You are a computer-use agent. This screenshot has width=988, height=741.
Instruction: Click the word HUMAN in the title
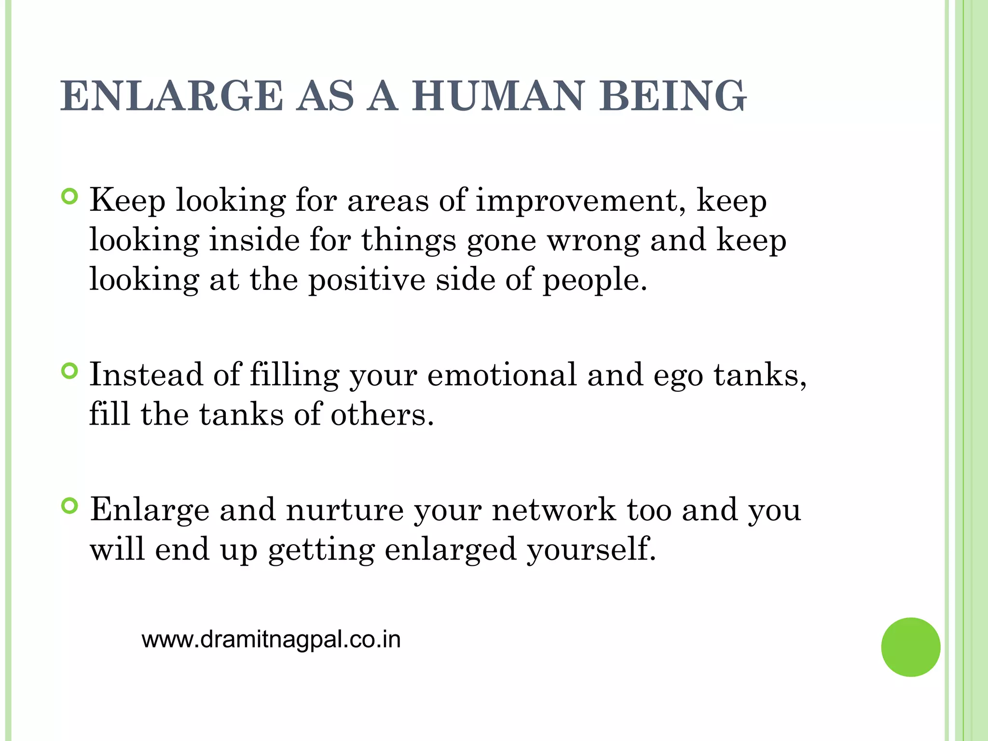click(499, 96)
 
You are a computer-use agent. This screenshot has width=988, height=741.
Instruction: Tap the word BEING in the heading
click(672, 96)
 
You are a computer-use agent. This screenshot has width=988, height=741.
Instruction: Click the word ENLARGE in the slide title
click(172, 96)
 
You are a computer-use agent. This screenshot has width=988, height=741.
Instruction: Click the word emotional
click(502, 374)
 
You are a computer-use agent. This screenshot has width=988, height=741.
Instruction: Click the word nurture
click(345, 510)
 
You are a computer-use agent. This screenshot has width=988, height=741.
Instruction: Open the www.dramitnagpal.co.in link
click(271, 640)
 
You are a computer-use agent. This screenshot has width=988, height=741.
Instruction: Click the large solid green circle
click(910, 647)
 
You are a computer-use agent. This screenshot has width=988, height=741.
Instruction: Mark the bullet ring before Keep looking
click(70, 197)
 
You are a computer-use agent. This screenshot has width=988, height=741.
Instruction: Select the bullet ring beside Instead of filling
click(70, 370)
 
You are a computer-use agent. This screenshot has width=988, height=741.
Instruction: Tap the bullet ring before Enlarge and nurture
click(70, 506)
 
